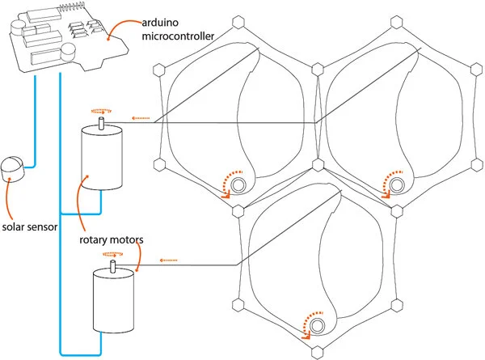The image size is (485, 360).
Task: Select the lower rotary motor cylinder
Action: click(x=112, y=298)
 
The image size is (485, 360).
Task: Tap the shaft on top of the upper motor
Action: click(x=102, y=122)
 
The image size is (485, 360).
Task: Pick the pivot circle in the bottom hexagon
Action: click(x=318, y=325)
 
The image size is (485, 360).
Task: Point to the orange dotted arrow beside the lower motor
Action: click(x=168, y=260)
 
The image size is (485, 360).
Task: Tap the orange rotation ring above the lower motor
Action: click(x=112, y=254)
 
